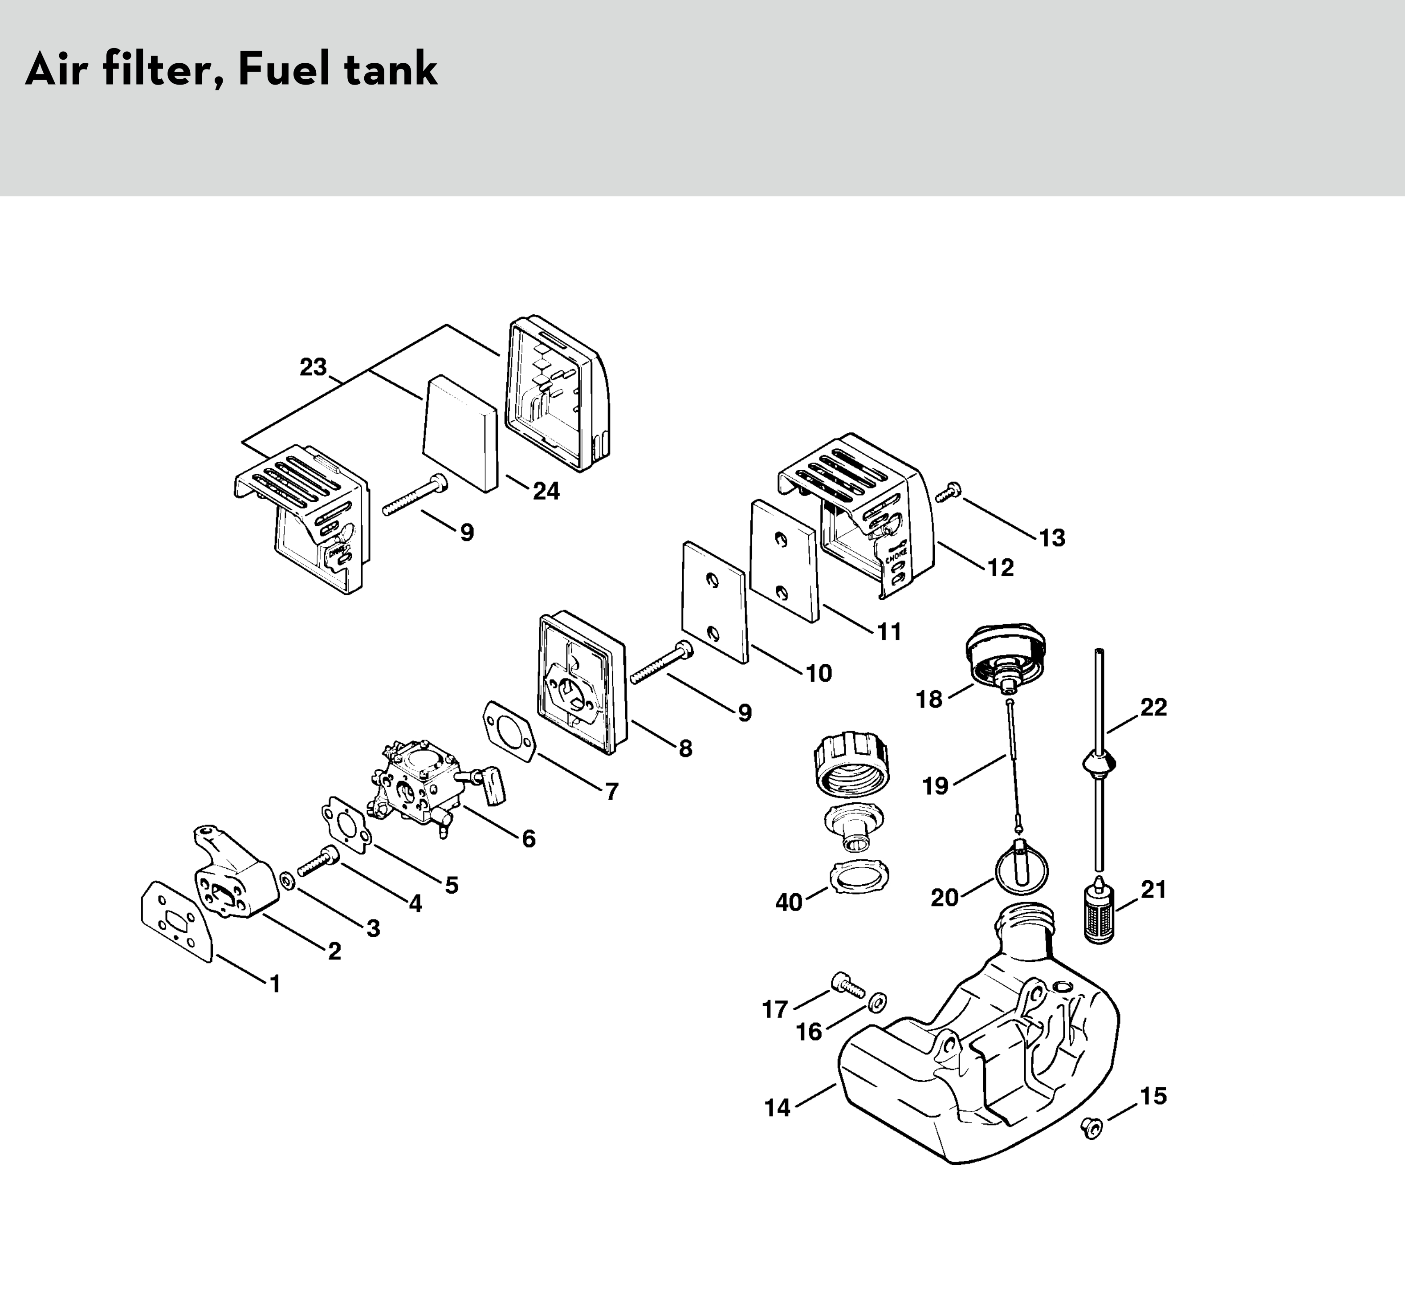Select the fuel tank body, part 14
tap(980, 1070)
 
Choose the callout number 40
tap(789, 902)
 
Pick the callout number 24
tap(546, 491)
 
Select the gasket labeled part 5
tap(344, 825)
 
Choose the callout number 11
tap(889, 632)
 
